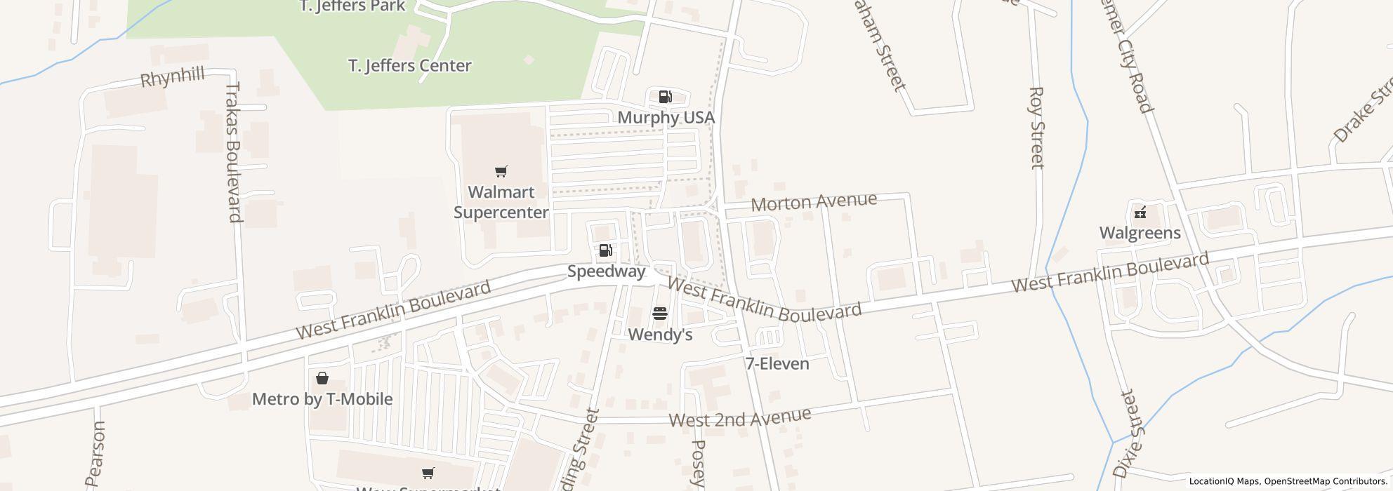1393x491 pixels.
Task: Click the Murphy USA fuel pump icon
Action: point(665,97)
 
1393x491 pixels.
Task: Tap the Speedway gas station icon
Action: point(605,250)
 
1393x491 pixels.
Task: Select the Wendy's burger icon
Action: point(659,314)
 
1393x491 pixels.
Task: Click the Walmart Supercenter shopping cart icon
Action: point(501,172)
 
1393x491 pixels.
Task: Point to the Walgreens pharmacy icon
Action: point(1140,212)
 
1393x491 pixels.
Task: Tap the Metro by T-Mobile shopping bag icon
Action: point(322,379)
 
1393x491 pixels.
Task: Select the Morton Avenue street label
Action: point(814,202)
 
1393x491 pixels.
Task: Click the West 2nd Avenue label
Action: point(739,417)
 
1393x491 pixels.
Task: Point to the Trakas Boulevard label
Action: point(234,152)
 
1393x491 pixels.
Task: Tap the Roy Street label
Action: point(1036,128)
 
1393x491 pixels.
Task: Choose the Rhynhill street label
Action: point(173,77)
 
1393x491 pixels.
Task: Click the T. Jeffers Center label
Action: point(409,66)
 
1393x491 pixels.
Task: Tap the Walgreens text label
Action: point(1140,233)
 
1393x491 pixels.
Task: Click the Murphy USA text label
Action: point(666,117)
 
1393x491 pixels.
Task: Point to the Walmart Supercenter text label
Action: point(501,202)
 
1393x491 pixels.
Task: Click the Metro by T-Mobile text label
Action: point(322,399)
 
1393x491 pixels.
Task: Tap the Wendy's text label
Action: point(660,335)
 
